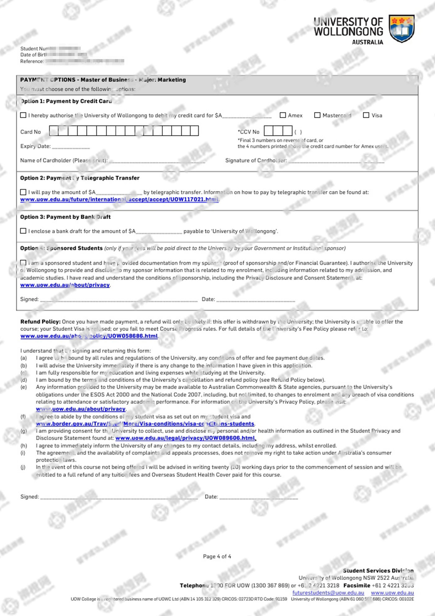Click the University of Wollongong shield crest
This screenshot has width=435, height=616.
pyautogui.click(x=401, y=28)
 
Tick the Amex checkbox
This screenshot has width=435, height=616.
pyautogui.click(x=283, y=115)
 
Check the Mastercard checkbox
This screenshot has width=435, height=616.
pyautogui.click(x=317, y=115)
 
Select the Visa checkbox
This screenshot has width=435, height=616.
pyautogui.click(x=366, y=115)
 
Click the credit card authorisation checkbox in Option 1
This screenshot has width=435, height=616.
pyautogui.click(x=23, y=115)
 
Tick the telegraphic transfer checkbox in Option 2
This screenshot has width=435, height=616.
pyautogui.click(x=23, y=192)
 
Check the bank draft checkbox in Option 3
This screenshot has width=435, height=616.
pyautogui.click(x=23, y=231)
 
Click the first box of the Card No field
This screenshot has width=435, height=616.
pyautogui.click(x=54, y=131)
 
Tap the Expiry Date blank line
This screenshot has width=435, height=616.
pyautogui.click(x=71, y=147)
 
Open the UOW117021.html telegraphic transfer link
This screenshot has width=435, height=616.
pyautogui.click(x=120, y=199)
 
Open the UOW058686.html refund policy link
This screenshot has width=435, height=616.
pyautogui.click(x=89, y=336)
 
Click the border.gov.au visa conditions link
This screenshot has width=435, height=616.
pyautogui.click(x=145, y=424)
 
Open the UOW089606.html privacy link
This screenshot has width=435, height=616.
pyautogui.click(x=185, y=438)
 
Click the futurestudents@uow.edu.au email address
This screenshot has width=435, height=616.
pyautogui.click(x=328, y=593)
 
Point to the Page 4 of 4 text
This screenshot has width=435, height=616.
pyautogui.click(x=217, y=556)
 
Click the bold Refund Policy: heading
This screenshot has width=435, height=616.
pyautogui.click(x=40, y=322)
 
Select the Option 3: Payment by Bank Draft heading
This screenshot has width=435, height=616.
pyautogui.click(x=65, y=217)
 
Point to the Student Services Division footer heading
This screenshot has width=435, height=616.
pyautogui.click(x=378, y=571)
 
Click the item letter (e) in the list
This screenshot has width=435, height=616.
pyautogui.click(x=24, y=387)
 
